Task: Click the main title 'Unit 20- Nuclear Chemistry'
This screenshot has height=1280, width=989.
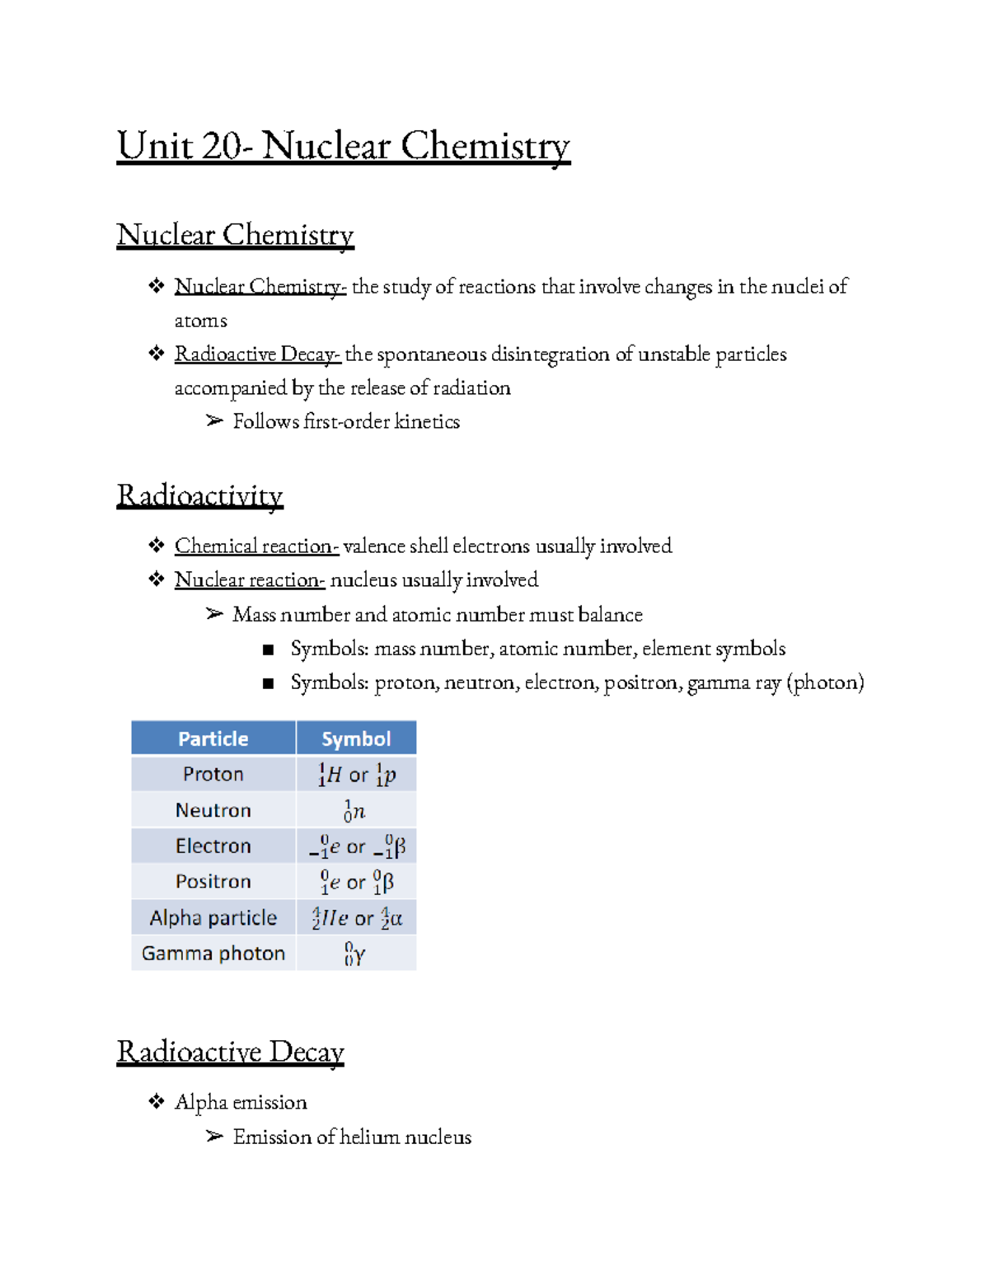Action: tap(343, 147)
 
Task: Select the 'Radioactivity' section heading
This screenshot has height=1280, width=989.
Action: tap(199, 495)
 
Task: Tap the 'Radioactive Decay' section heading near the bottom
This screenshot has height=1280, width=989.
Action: tap(230, 1052)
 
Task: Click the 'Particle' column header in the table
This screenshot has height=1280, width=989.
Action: tap(213, 738)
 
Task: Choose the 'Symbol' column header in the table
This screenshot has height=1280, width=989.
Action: tap(356, 738)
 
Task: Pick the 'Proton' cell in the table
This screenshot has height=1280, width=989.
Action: tap(213, 774)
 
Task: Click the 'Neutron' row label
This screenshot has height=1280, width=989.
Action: tap(213, 810)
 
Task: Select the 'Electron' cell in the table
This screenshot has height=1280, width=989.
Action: tap(213, 846)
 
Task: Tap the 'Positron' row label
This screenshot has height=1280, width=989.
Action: tap(213, 881)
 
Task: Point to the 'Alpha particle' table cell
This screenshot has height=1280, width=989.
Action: tap(213, 917)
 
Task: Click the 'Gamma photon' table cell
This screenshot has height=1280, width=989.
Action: tap(213, 953)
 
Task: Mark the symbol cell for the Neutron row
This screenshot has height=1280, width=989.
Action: tap(355, 811)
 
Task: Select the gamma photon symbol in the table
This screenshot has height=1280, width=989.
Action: tap(355, 954)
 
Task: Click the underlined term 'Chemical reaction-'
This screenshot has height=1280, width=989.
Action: tap(256, 546)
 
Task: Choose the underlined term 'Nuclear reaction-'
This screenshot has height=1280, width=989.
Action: tap(250, 580)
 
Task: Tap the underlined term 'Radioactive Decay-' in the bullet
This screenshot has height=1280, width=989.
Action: tap(257, 354)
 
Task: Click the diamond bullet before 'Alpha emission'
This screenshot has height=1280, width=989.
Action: tap(157, 1101)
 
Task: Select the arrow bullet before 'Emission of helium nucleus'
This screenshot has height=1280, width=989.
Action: tap(214, 1137)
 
